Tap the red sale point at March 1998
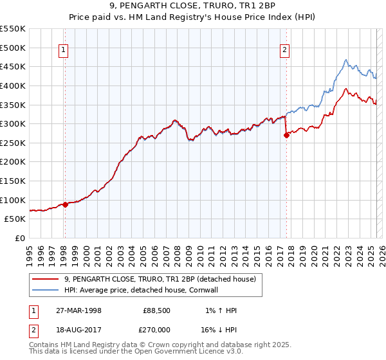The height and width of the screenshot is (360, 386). [66, 204]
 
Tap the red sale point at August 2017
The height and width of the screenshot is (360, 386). [286, 135]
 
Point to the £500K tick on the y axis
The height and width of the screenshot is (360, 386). [13, 48]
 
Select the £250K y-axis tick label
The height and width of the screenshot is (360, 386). [13, 143]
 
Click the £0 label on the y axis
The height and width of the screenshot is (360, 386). [19, 238]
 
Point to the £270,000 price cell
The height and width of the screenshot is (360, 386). [155, 329]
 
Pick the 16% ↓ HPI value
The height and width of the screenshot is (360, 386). [219, 329]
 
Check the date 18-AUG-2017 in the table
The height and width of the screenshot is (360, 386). [78, 329]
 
